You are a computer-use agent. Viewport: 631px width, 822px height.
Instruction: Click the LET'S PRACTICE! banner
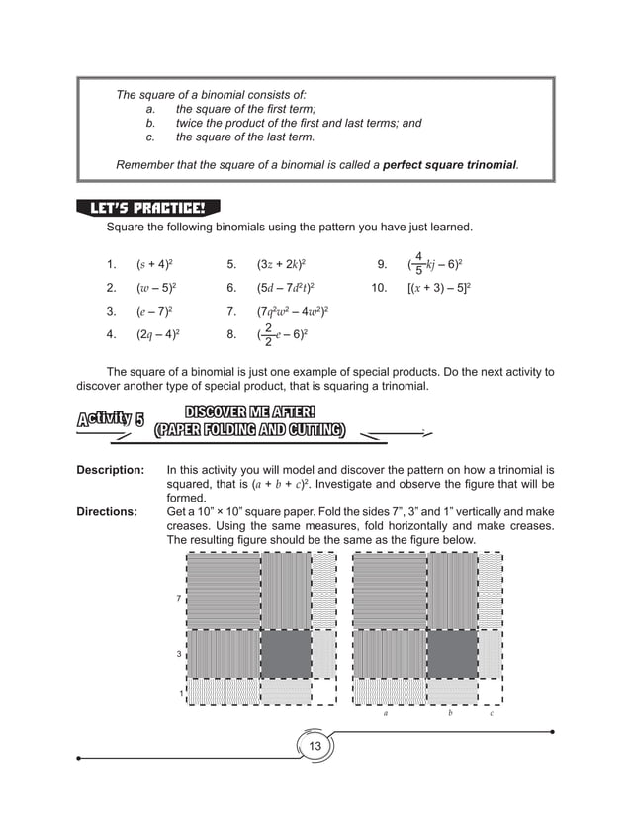click(x=147, y=208)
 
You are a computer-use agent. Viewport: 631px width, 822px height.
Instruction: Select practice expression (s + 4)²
click(x=155, y=265)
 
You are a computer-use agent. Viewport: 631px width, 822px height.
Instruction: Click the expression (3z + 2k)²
click(x=280, y=265)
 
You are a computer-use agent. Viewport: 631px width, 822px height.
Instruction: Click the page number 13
click(x=315, y=744)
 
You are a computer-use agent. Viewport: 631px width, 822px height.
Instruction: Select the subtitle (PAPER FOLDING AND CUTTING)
click(x=249, y=429)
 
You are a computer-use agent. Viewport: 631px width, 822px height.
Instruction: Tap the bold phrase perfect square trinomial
click(x=450, y=163)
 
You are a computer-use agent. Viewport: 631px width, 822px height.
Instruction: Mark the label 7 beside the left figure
click(x=178, y=599)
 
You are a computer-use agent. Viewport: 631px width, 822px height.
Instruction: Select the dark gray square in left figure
click(x=285, y=654)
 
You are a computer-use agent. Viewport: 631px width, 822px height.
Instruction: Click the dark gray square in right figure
click(x=451, y=654)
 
